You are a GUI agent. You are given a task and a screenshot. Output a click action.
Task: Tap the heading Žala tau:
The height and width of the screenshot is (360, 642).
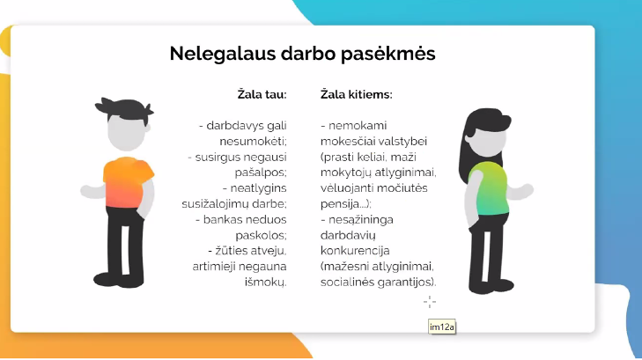[x=262, y=94]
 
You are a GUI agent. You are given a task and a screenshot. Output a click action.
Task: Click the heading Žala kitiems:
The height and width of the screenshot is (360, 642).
[x=356, y=94]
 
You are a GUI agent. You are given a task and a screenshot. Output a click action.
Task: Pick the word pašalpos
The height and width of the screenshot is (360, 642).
[x=261, y=173]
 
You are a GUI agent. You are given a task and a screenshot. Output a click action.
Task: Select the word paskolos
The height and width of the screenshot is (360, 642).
[x=261, y=236]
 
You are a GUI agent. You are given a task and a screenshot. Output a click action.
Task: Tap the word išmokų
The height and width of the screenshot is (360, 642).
[x=265, y=282]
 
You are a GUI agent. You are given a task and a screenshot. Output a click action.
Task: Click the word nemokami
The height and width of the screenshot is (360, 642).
[x=358, y=126]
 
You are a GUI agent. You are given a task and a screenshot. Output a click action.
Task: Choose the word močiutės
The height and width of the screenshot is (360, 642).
[x=402, y=188]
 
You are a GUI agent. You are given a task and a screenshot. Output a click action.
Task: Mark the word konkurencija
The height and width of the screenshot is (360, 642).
[x=355, y=250]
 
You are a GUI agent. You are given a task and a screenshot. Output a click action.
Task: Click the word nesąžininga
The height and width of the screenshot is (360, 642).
[x=361, y=220]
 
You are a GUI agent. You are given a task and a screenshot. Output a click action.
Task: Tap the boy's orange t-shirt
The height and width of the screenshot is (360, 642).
[x=127, y=182]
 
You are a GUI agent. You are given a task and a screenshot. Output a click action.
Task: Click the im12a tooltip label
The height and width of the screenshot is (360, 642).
[x=442, y=327]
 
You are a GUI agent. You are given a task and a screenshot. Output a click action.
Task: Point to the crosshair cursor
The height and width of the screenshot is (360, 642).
[x=430, y=302]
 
